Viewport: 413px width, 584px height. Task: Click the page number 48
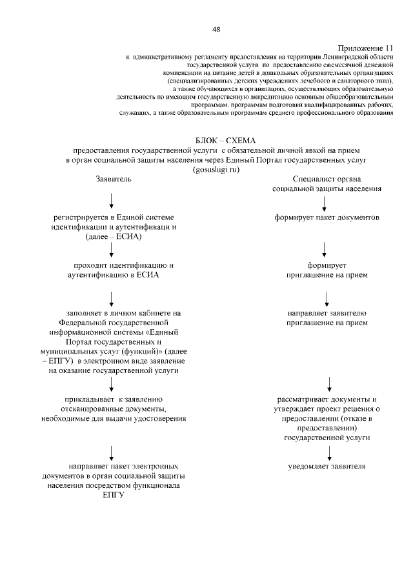[216, 29]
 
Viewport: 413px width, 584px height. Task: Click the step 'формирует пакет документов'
[327, 217]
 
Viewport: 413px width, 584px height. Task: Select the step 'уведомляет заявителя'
[327, 466]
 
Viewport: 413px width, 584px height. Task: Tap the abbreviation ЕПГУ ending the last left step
[113, 495]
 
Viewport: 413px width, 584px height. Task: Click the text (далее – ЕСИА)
[114, 237]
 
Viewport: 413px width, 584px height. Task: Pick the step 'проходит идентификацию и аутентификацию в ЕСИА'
[114, 270]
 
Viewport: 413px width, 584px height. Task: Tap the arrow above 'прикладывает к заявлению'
[112, 384]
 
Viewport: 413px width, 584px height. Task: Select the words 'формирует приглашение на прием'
[327, 270]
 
